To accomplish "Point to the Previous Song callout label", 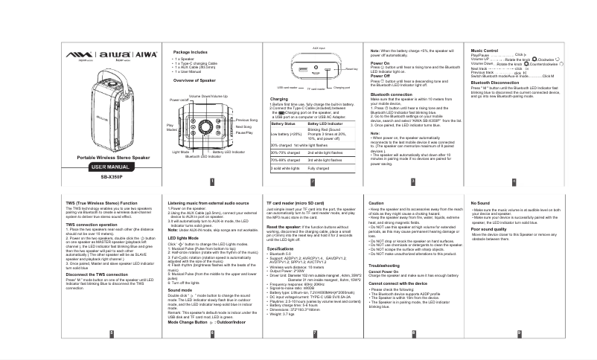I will pos(246,120).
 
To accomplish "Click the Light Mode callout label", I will pos(182,152).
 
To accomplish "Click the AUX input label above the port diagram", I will pos(319,47).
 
